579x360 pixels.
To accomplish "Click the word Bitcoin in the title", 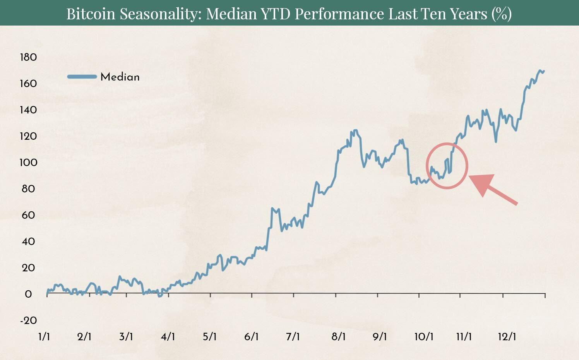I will coord(91,14).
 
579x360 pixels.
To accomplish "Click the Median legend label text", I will coord(120,77).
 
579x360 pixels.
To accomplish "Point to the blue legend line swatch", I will coord(82,77).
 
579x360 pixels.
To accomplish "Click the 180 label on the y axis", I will coord(28,57).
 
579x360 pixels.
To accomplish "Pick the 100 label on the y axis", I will coord(28,162).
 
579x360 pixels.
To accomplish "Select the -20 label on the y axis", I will coord(28,321).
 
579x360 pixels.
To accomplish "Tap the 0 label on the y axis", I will coord(28,294).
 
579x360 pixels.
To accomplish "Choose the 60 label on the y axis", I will coord(28,215).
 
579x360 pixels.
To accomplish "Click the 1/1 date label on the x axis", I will coord(44,336).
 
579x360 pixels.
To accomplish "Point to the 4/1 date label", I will coord(168,336).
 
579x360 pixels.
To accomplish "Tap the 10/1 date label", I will coord(424,336).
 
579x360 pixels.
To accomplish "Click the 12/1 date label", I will coord(507,336).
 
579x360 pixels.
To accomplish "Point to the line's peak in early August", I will coord(355,130).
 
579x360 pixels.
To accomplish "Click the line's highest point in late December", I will coord(540,70).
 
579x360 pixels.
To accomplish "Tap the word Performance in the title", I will coord(339,14).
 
